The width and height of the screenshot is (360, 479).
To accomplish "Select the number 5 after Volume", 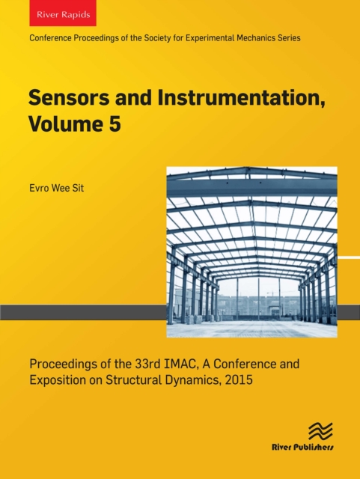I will (115, 123).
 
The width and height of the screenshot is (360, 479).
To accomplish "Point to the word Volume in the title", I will (66, 123).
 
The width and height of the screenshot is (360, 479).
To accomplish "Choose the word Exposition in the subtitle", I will (55, 381).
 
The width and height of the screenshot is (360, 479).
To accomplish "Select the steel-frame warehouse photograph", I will (251, 251).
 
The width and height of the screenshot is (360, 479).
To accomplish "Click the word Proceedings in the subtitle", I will (61, 364).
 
